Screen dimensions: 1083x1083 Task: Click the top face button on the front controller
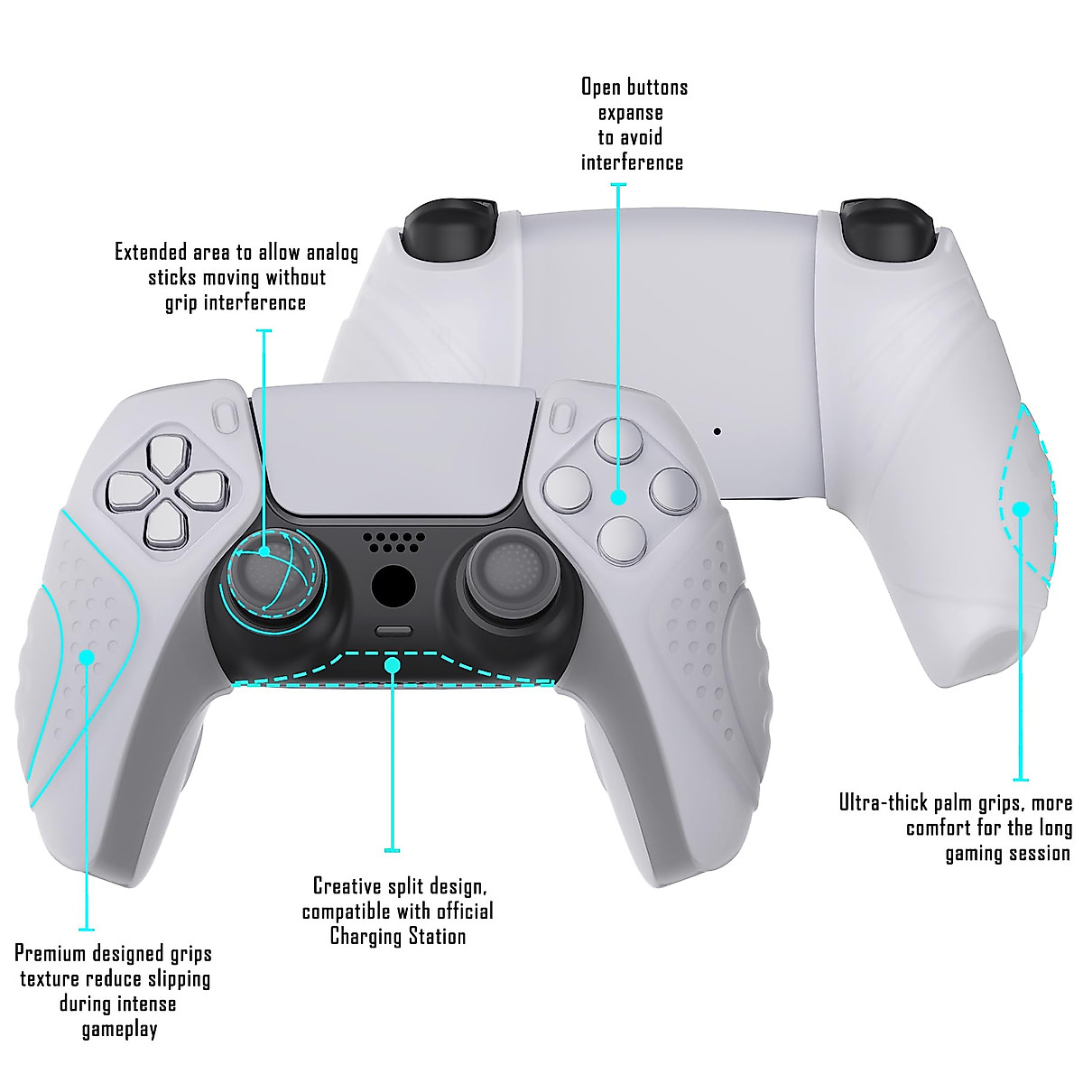tap(618, 442)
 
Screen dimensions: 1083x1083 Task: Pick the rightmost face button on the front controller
tap(673, 489)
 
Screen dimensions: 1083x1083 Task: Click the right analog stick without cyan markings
tap(510, 578)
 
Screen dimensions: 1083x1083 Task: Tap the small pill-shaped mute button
tap(393, 632)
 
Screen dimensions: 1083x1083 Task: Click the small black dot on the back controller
tap(717, 430)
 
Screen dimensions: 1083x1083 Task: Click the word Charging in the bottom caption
tap(365, 936)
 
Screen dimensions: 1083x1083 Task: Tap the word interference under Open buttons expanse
tap(632, 162)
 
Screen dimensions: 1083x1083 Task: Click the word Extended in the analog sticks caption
tap(152, 252)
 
